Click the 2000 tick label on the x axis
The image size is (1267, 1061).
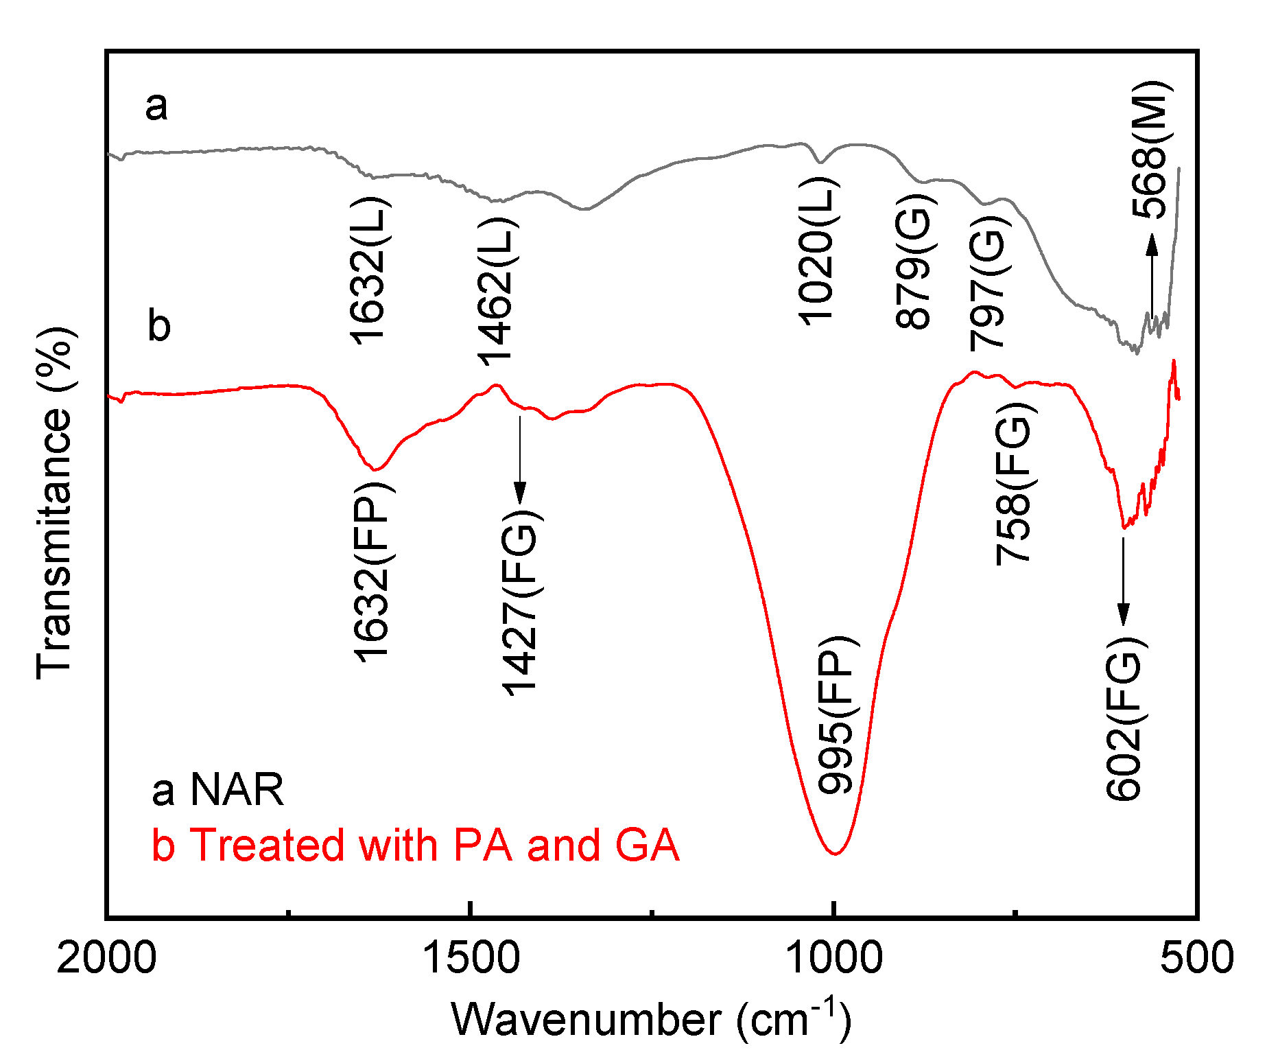[106, 957]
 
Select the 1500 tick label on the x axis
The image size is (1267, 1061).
[471, 957]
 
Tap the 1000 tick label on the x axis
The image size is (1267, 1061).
[833, 957]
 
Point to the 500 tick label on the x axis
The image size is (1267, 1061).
[1196, 957]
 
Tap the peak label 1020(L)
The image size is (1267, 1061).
[817, 250]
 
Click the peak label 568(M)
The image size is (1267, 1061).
[1150, 149]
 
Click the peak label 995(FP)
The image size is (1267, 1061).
[836, 714]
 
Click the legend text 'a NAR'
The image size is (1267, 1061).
[217, 789]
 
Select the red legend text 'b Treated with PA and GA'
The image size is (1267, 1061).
[415, 845]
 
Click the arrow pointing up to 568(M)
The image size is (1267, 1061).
[1152, 275]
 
